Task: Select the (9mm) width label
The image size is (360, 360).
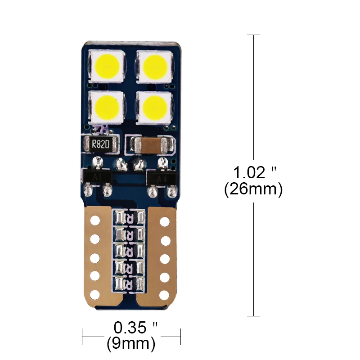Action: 131,344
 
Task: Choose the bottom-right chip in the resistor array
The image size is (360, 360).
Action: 141,283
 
